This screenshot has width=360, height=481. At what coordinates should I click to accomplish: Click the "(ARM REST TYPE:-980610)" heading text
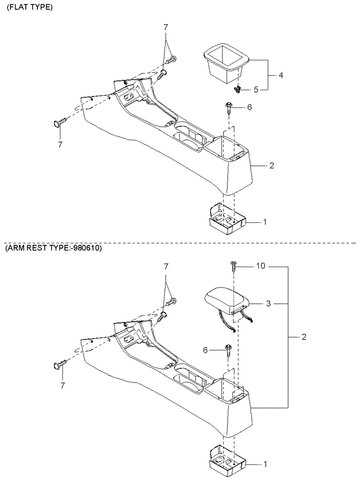click(53, 248)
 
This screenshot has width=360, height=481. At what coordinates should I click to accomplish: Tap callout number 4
click(280, 75)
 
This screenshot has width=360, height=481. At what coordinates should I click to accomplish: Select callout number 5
click(256, 89)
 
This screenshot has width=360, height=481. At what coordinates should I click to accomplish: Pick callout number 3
click(268, 303)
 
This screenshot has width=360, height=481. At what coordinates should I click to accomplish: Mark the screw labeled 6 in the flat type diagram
click(229, 106)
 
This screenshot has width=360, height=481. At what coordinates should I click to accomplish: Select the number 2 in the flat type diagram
click(270, 166)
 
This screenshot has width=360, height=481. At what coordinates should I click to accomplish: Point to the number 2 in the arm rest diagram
click(304, 337)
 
